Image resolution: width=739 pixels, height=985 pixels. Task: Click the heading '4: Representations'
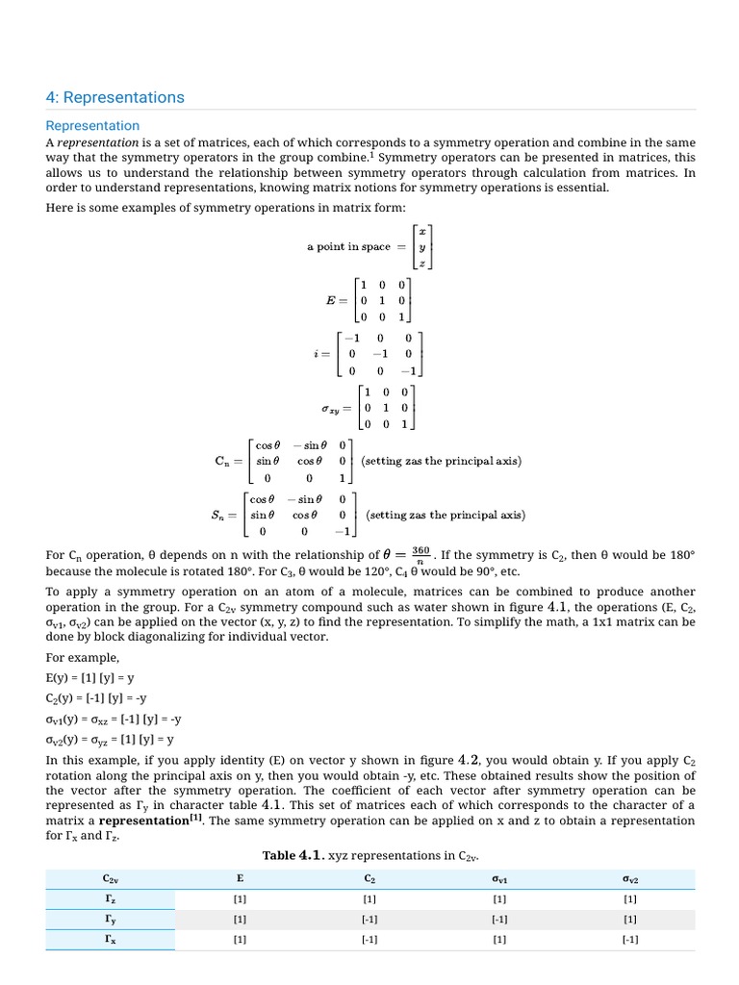(115, 97)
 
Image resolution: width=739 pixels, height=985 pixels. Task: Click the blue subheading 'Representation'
(92, 126)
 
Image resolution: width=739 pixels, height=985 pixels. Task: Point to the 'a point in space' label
(348, 247)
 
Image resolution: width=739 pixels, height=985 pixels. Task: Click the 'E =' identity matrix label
(335, 300)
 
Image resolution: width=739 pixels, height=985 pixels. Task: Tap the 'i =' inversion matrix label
(321, 353)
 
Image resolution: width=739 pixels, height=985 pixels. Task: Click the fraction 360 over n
(420, 555)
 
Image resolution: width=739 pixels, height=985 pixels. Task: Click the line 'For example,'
(83, 658)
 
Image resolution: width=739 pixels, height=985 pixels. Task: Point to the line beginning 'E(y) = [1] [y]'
(90, 677)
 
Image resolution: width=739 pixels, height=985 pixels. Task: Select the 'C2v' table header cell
(110, 879)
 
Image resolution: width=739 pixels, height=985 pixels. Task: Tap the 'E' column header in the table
(240, 879)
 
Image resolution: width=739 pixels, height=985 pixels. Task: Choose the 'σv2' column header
(629, 879)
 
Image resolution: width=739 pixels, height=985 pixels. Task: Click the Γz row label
(110, 899)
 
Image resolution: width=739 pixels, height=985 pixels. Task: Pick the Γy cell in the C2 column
(369, 920)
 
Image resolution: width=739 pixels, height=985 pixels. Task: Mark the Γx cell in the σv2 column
(629, 940)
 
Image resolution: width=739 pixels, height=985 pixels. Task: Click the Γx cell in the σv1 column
(499, 940)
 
